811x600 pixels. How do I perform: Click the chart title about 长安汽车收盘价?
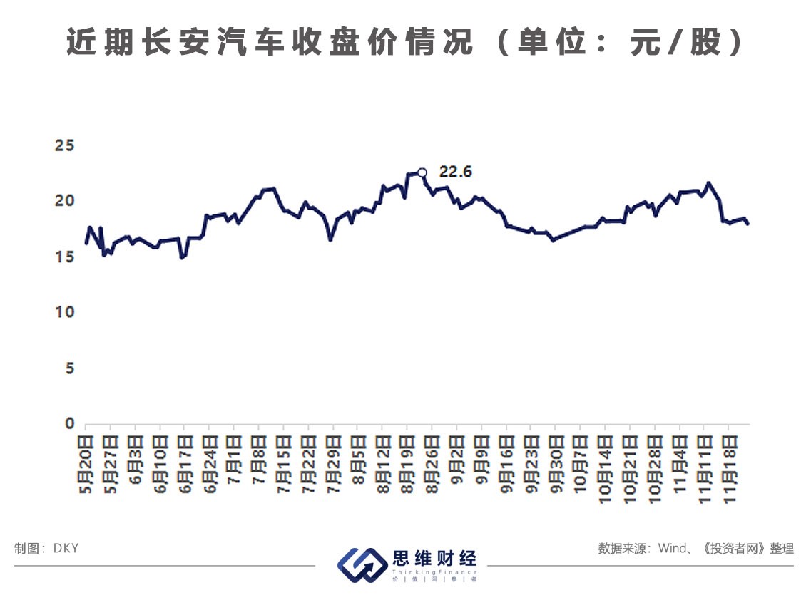tap(405, 43)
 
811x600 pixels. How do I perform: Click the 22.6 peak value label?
tap(456, 172)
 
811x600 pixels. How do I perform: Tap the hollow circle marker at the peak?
tap(422, 172)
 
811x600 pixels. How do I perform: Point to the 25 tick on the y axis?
tap(65, 145)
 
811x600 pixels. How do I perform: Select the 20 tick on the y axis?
tap(65, 201)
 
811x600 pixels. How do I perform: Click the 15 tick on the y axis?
tap(65, 257)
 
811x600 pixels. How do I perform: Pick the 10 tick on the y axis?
tap(65, 312)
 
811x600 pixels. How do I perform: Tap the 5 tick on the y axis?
tap(69, 368)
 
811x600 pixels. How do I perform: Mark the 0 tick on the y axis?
tap(69, 424)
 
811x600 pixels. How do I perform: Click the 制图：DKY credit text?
tap(46, 548)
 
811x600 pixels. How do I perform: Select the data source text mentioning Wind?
tap(695, 548)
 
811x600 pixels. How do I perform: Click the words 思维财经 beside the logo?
tap(434, 558)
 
